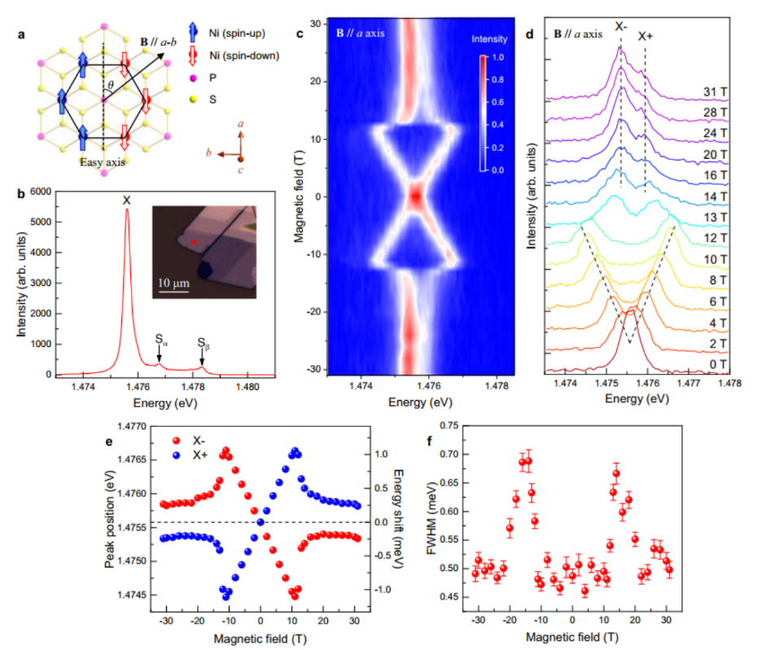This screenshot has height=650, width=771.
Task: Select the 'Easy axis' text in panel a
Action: coord(102,162)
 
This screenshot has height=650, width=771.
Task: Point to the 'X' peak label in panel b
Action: coord(126,200)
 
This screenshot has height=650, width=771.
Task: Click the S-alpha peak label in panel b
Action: coord(160,336)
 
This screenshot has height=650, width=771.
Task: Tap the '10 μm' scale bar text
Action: coord(173,283)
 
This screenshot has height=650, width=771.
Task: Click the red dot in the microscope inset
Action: coord(195,242)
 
